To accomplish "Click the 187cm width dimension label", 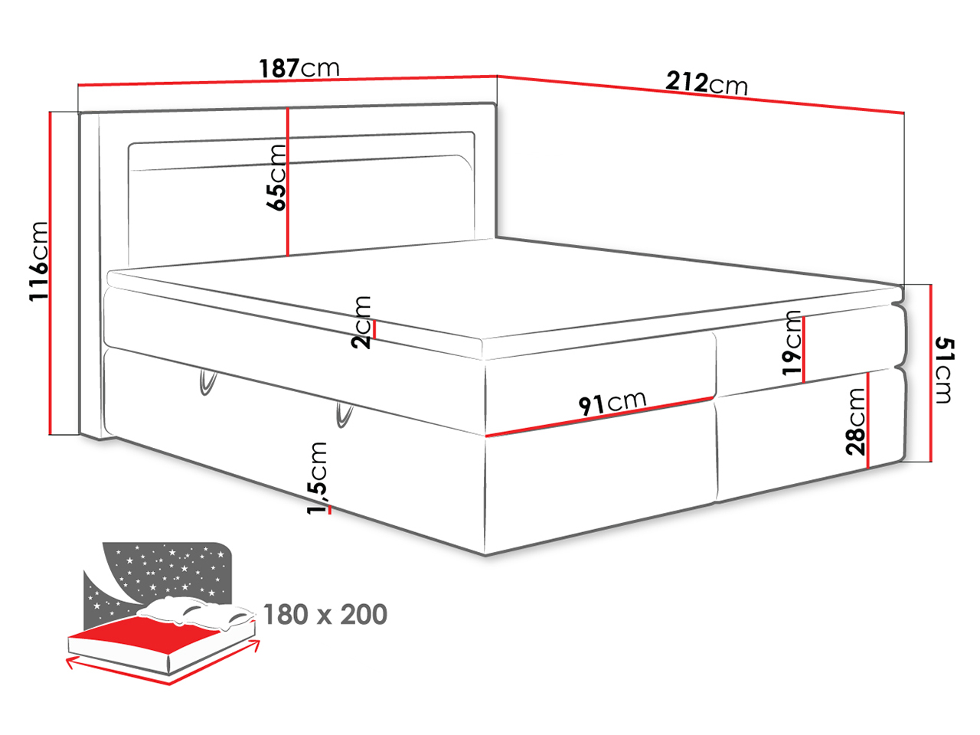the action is [299, 68].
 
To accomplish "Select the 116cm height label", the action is [38, 261].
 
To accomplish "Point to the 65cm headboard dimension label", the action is [276, 177].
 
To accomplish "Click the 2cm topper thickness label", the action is [361, 322].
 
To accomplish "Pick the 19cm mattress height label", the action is [792, 343].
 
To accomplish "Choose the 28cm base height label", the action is [855, 421].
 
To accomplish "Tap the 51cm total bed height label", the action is [944, 371].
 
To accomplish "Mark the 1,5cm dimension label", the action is [318, 478].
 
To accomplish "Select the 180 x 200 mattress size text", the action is [325, 615].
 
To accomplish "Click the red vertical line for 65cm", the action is [288, 182].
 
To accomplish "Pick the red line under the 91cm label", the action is [599, 416].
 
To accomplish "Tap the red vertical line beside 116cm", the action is [51, 273].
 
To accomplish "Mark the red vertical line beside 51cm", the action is [930, 373].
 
